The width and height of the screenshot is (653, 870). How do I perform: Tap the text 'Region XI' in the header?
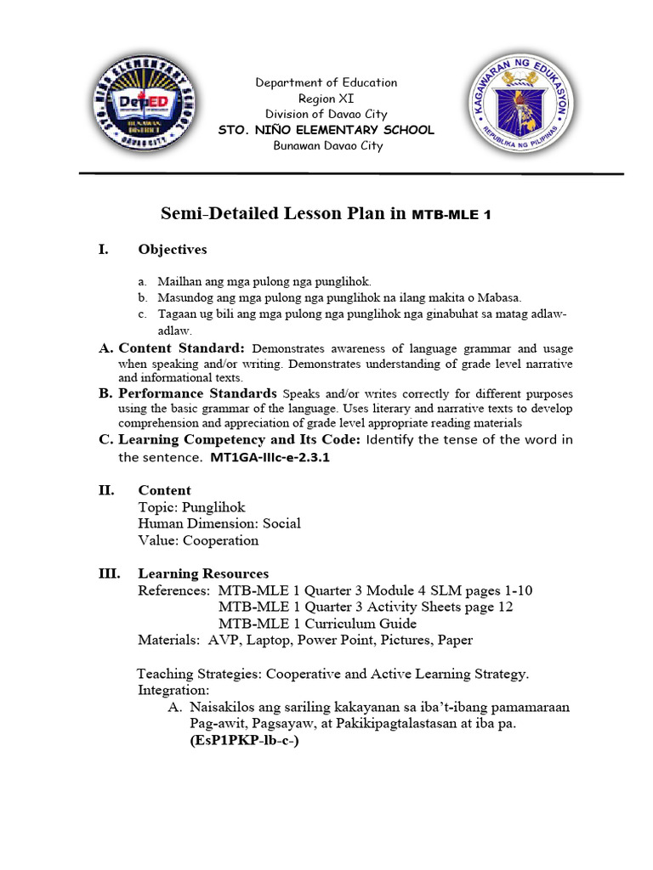point(326,99)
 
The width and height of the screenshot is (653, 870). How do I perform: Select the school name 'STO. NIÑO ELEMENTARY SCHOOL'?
point(326,130)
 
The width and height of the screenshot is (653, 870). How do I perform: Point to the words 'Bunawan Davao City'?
point(327,145)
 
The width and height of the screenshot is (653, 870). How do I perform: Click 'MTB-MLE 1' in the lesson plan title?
point(451,215)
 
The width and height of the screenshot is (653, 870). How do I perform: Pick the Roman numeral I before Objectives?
point(103,250)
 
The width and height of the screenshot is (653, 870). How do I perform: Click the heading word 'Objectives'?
point(173,250)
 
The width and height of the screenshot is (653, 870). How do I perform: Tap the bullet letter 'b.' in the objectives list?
point(143,297)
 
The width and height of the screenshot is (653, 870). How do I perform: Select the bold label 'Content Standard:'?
point(182,348)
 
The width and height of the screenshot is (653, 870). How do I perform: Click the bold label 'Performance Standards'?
point(197,393)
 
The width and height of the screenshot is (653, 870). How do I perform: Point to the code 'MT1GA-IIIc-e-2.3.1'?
point(269,457)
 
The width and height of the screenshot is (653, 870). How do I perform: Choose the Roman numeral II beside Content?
point(106,490)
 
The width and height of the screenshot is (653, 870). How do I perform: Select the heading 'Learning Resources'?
point(203,573)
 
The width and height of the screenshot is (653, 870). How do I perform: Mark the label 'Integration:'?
point(173,691)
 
